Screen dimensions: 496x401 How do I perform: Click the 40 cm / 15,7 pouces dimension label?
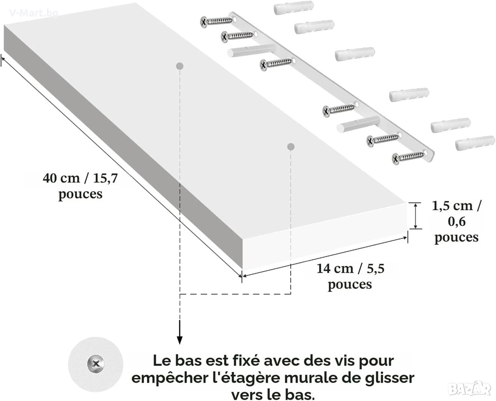pos(80,186)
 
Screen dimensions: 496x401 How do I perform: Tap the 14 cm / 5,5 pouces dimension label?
pos(350,276)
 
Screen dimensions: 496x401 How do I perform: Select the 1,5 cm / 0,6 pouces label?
pos(456,221)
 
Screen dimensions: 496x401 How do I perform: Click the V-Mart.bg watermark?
pos(34,13)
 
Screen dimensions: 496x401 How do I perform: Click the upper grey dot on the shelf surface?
pos(180,66)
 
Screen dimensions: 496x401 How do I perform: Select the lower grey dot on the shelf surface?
pos(291,147)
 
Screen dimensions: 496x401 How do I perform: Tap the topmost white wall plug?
pos(294,8)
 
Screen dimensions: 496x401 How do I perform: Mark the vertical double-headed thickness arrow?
pos(416,216)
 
